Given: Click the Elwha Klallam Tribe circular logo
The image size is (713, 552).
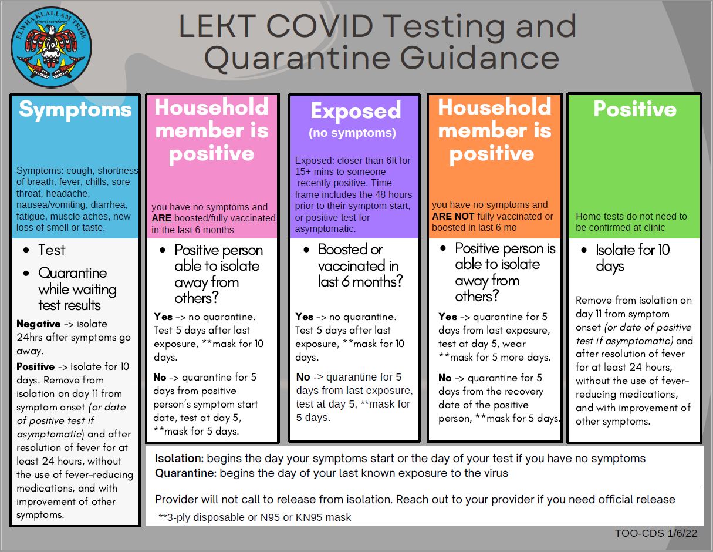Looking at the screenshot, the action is (51, 47).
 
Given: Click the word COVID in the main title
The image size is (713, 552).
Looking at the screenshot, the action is (320, 26).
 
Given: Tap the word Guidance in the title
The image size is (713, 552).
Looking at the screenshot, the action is (479, 58).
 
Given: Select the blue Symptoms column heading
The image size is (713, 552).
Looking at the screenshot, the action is (75, 110).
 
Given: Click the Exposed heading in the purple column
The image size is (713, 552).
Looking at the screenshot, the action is (356, 110).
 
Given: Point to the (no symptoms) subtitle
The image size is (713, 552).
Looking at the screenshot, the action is (353, 133).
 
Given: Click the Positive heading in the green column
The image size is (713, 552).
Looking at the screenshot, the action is (634, 109).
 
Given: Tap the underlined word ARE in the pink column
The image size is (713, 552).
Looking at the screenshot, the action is (161, 218).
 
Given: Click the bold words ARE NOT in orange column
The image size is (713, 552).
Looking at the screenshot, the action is (453, 216).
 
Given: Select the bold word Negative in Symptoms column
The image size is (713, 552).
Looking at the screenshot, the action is (38, 324).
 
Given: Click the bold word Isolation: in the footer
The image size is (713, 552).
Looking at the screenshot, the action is (179, 459).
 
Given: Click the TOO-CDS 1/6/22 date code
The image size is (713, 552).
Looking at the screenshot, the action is (656, 533).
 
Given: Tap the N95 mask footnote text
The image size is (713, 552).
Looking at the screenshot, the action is (255, 517).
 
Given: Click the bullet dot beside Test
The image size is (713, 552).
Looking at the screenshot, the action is (26, 250).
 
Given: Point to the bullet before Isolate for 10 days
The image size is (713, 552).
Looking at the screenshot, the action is (584, 250).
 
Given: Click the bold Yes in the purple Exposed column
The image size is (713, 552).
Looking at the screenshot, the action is (304, 317).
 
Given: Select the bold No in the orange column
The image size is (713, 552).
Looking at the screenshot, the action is (445, 378).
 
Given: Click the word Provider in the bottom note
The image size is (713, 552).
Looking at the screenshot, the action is (176, 500).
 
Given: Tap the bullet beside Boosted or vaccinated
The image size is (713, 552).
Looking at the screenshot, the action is (306, 250).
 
